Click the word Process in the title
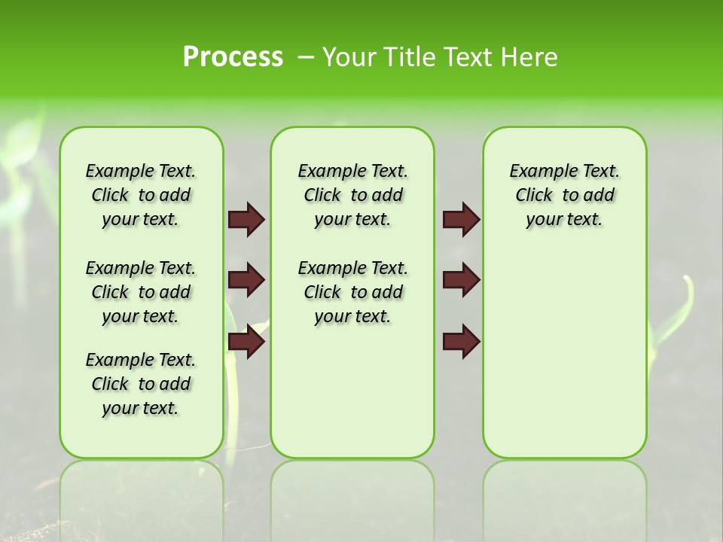click(x=233, y=57)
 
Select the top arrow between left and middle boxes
click(x=246, y=220)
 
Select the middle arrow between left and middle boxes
click(x=246, y=280)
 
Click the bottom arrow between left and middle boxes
click(x=246, y=342)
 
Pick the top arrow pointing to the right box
click(x=461, y=220)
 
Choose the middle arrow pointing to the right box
click(x=461, y=280)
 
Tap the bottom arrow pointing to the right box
click(x=461, y=342)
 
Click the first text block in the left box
click(x=141, y=195)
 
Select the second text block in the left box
click(x=141, y=292)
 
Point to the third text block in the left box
click(x=141, y=384)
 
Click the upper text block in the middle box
click(x=352, y=195)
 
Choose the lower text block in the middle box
click(x=352, y=292)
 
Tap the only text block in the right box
click(x=564, y=195)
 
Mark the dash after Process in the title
click(x=306, y=58)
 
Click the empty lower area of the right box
click(x=564, y=361)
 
